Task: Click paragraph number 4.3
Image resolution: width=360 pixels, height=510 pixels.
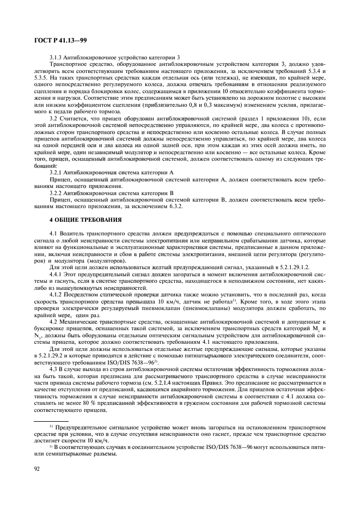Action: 54,369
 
